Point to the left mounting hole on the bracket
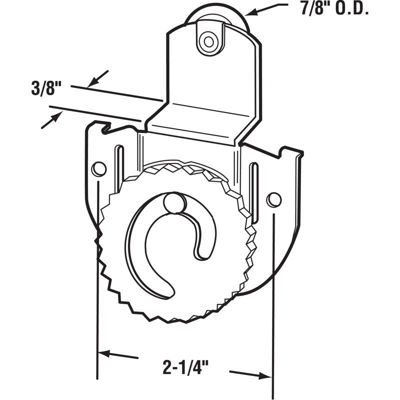[99, 169]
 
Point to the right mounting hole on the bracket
[273, 199]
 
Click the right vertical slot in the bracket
[254, 192]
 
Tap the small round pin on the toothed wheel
[173, 202]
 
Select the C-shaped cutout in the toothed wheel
[150, 250]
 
